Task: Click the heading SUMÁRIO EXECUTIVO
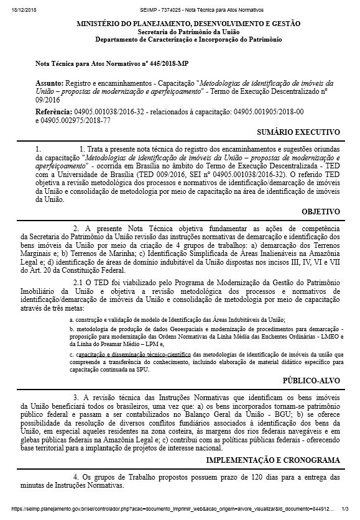click(x=298, y=132)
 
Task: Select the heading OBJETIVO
click(x=321, y=212)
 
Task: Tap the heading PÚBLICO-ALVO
click(x=312, y=380)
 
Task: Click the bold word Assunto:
click(x=49, y=83)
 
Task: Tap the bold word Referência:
click(x=53, y=111)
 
